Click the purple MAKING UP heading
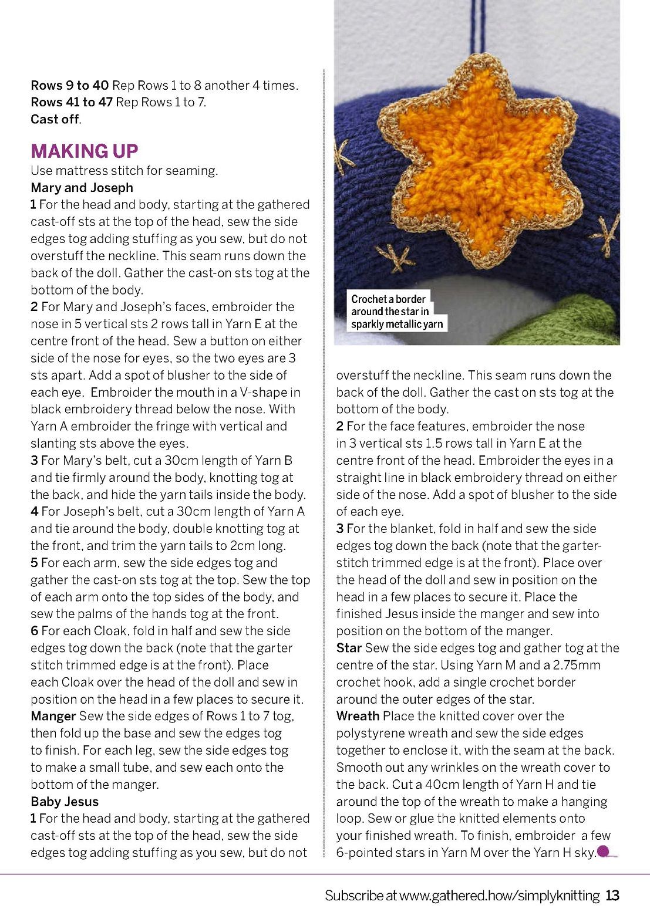pyautogui.click(x=84, y=151)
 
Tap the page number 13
pyautogui.click(x=612, y=896)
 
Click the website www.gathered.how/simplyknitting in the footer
pyautogui.click(x=499, y=896)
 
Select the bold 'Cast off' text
pyautogui.click(x=55, y=119)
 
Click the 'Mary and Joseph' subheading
pyautogui.click(x=82, y=188)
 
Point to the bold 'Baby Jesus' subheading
pyautogui.click(x=65, y=802)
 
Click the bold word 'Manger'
pyautogui.click(x=53, y=716)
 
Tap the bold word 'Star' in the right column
pyautogui.click(x=349, y=648)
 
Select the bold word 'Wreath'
pyautogui.click(x=358, y=716)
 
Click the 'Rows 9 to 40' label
pyautogui.click(x=69, y=85)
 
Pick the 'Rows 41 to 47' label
pyautogui.click(x=71, y=102)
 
